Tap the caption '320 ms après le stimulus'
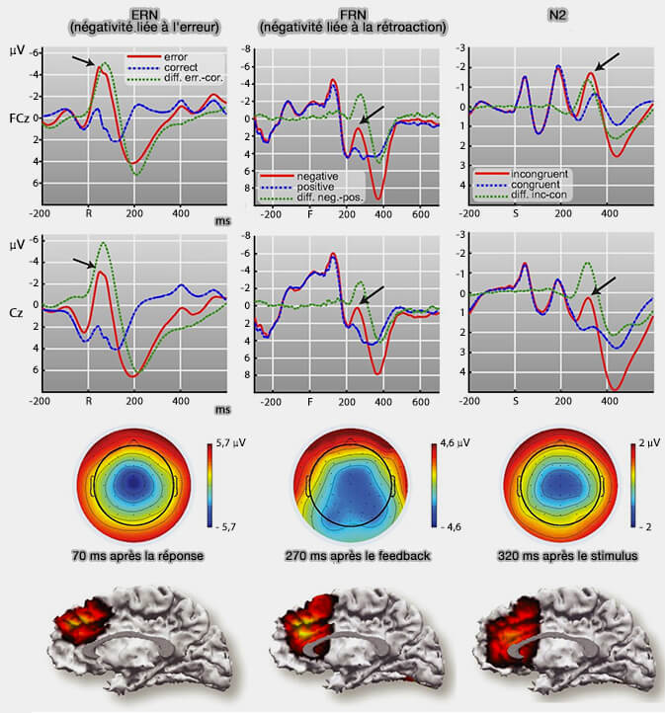coord(559,555)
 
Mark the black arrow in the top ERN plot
coord(84,61)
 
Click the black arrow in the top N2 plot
coord(608,61)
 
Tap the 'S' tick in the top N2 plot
coord(516,212)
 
